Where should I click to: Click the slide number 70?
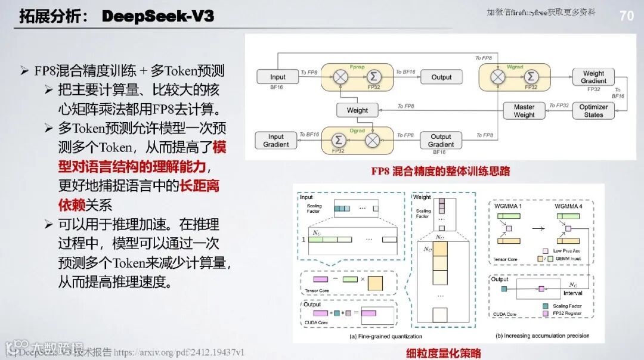626,15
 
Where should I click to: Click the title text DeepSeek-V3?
157,16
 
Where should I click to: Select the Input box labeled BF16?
277,77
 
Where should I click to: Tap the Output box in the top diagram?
441,77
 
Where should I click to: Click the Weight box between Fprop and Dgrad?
357,110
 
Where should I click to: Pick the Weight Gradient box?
593,77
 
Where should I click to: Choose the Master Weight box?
524,111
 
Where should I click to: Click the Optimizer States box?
593,111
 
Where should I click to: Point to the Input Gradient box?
276,141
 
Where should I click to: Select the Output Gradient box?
441,141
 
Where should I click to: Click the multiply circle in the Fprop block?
341,77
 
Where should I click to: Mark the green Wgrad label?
514,67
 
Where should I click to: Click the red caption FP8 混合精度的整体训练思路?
440,172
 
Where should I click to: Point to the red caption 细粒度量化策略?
444,353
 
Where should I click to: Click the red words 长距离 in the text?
200,186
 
